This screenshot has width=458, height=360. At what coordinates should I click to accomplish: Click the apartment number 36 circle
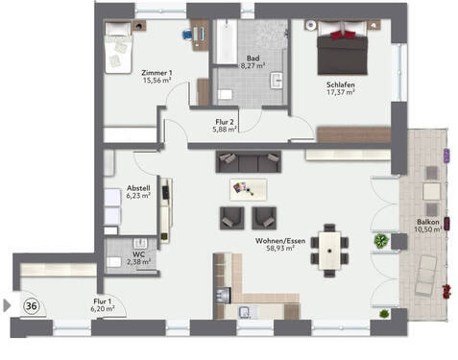click(31, 306)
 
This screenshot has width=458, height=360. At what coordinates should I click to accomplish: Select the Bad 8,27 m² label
click(253, 61)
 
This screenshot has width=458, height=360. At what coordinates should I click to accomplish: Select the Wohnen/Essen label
click(275, 244)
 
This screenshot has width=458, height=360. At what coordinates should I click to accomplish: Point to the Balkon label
click(429, 226)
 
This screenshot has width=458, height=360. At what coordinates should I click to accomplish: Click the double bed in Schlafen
click(341, 44)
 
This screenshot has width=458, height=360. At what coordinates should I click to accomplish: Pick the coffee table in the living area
click(249, 187)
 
